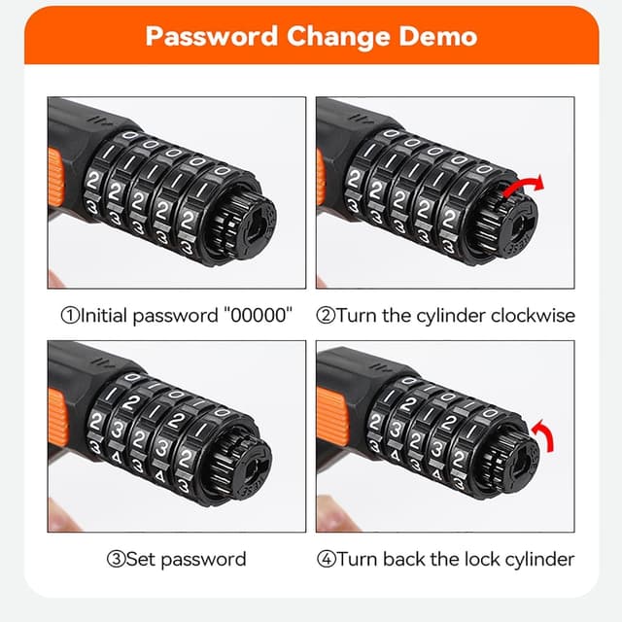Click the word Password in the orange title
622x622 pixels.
click(210, 37)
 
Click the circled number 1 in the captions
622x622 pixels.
click(69, 315)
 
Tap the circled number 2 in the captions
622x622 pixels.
click(327, 315)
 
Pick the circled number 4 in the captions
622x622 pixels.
click(327, 559)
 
